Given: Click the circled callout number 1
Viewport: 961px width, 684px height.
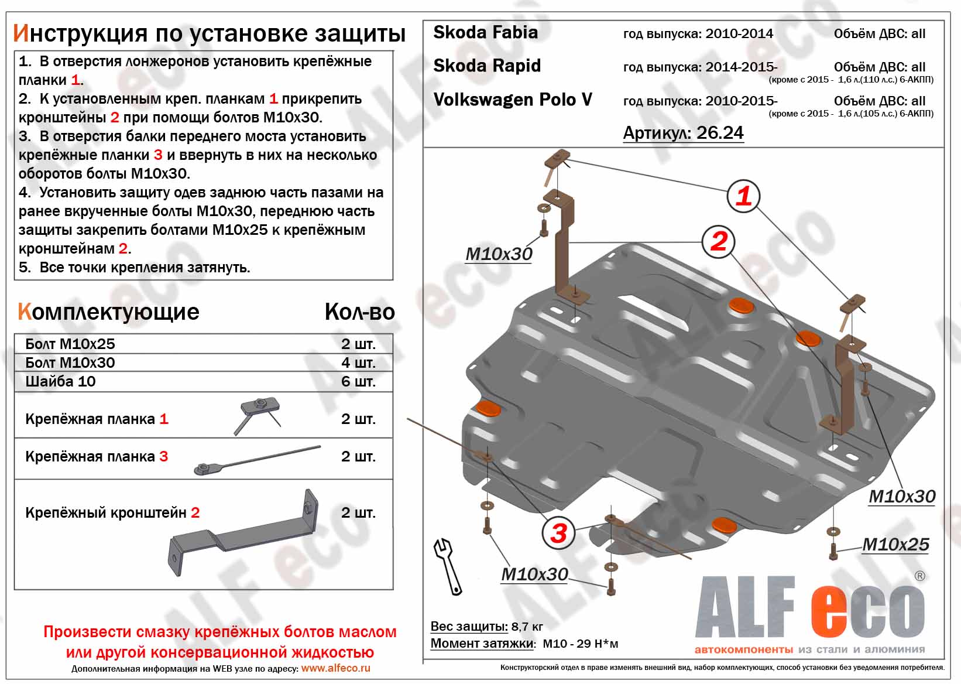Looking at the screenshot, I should (743, 196).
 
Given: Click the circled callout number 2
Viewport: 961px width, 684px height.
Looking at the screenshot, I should (718, 241).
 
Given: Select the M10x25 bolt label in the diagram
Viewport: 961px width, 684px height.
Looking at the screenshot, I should (895, 544).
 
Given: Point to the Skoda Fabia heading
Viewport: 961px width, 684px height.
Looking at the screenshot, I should (485, 32).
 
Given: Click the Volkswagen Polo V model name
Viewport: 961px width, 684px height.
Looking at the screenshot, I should (513, 100).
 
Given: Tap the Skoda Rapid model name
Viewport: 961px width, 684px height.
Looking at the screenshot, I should (487, 66).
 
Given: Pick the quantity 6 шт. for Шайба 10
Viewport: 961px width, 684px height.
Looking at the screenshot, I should (358, 381).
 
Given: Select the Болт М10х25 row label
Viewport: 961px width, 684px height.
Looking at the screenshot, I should (70, 344).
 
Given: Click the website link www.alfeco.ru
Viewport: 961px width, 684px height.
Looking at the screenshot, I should (335, 668).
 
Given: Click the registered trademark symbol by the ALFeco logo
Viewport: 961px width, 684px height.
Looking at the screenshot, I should (919, 576).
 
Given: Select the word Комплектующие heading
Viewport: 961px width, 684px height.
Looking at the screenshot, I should (108, 312).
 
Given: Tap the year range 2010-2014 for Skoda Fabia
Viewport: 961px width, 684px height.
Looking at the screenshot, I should (739, 33).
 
